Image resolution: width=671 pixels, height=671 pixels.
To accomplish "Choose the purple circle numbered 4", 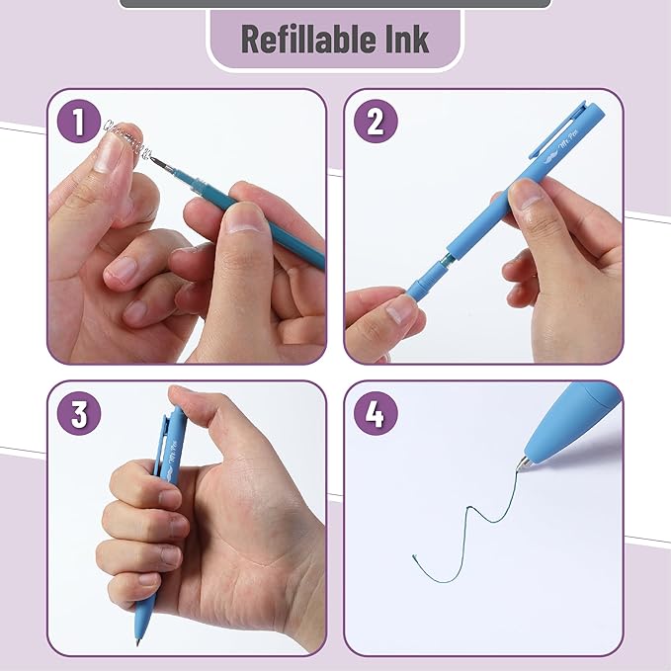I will coord(375,415).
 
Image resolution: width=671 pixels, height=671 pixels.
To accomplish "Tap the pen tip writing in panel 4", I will coord(527,461).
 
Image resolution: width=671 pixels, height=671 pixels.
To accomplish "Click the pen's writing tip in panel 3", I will coord(137,640).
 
